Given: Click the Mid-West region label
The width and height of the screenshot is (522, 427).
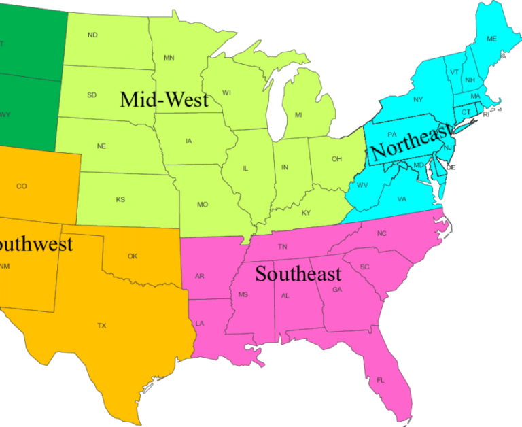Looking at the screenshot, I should (x=164, y=100).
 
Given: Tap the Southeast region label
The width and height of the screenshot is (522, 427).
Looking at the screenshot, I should (x=298, y=274).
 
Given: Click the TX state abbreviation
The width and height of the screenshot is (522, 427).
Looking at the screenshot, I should (x=102, y=326).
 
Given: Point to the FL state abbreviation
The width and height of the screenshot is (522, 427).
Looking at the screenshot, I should (x=381, y=380).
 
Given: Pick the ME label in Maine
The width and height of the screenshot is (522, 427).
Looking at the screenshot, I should (x=491, y=39).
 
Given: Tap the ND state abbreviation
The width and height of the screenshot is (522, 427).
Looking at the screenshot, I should (x=92, y=35).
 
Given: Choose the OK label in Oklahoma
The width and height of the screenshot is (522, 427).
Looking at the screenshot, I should (x=133, y=256).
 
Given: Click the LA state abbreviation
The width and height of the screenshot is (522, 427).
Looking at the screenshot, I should (x=200, y=323).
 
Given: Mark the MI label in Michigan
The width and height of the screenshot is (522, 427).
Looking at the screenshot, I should (x=298, y=115).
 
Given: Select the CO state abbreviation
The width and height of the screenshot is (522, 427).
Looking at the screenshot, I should (x=22, y=186).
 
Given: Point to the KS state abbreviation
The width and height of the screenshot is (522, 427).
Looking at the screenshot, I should (x=120, y=200).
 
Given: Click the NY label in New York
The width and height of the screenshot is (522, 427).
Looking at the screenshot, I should (x=419, y=100).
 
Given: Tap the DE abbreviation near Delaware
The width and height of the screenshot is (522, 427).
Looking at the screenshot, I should (x=451, y=167).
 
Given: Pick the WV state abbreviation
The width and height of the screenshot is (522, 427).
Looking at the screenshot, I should (x=362, y=185).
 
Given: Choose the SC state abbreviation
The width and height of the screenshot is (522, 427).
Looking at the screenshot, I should (x=365, y=267).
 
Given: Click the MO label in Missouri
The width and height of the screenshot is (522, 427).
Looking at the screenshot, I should (x=203, y=205).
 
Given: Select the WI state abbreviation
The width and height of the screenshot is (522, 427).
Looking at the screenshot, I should (x=226, y=92).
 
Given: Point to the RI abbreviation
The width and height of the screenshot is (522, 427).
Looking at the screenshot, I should (x=486, y=115).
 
